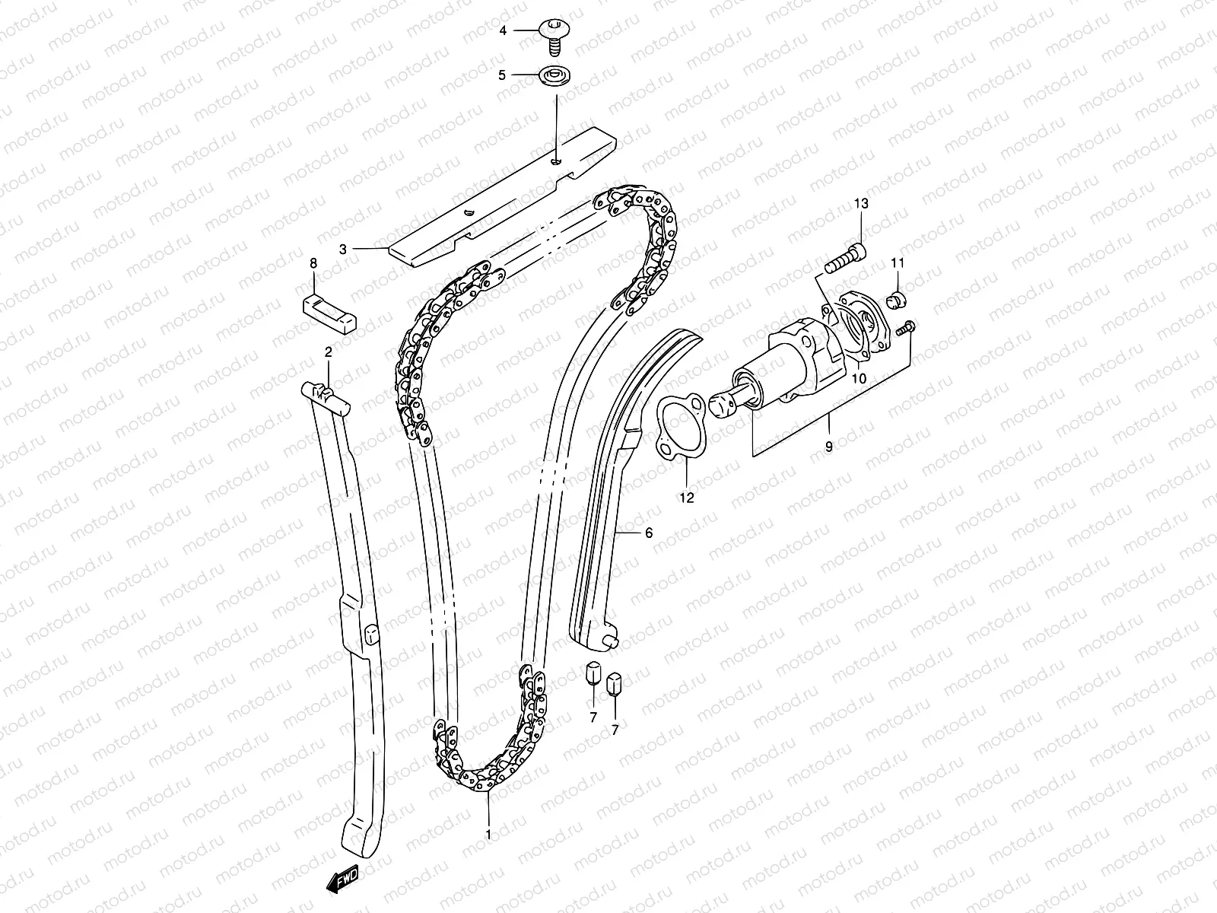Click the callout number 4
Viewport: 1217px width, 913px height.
[502, 31]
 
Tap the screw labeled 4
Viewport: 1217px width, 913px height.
[553, 33]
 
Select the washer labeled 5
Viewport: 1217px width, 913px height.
[554, 76]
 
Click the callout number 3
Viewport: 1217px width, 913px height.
[343, 248]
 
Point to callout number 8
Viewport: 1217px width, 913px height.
[313, 263]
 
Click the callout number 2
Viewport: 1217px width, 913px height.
[329, 352]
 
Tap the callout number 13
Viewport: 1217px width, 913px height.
[860, 204]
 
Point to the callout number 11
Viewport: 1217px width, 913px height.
[898, 263]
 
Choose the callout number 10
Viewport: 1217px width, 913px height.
[860, 378]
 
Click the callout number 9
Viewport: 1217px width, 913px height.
[829, 447]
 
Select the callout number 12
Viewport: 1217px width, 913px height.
[687, 498]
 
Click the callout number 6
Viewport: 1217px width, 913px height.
[648, 533]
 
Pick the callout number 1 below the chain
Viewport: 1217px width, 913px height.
[488, 835]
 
